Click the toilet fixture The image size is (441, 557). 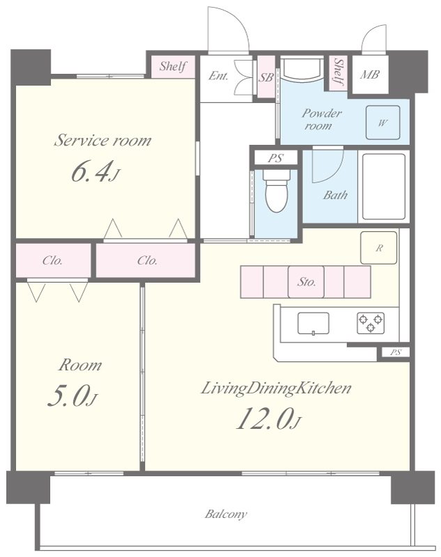coord(275,193)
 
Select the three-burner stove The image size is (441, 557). coord(370,322)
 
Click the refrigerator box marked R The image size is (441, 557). coord(378,248)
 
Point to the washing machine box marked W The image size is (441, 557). coord(382,123)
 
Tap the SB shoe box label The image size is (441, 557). coord(265,77)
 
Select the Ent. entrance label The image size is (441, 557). coord(218,77)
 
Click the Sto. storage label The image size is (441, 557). coord(307,282)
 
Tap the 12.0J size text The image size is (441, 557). coord(268,419)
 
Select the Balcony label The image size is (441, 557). coord(225,515)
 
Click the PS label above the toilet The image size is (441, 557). coord(276,158)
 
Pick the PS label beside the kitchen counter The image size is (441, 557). coord(395,352)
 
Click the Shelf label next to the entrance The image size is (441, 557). coord(173,67)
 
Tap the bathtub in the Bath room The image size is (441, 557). coord(382,187)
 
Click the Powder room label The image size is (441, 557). coord(321,119)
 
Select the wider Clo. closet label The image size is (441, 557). coord(147,261)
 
